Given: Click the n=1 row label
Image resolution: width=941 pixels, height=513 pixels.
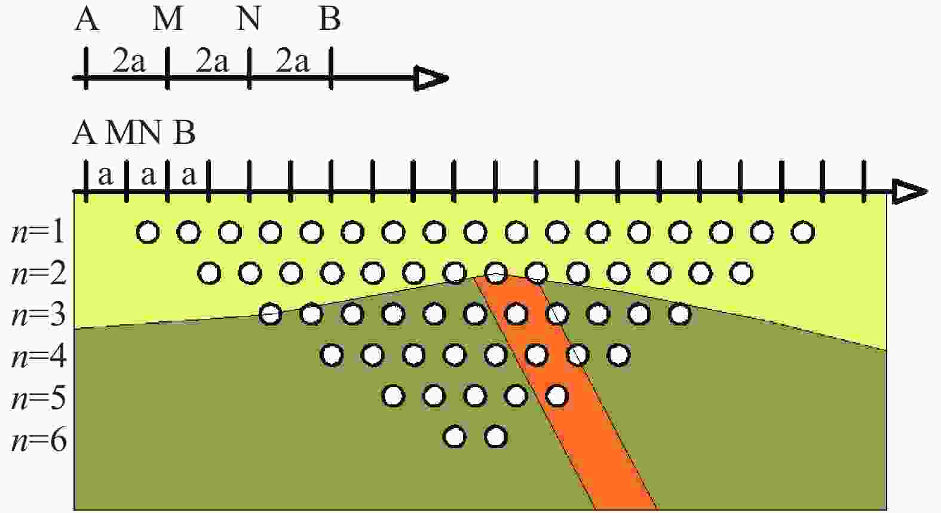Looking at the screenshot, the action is click(x=38, y=232).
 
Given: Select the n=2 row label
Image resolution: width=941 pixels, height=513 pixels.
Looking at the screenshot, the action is click(x=38, y=274).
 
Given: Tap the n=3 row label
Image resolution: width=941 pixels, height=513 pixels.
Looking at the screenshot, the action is click(x=38, y=315).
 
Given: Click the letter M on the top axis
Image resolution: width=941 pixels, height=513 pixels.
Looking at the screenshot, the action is click(x=168, y=19).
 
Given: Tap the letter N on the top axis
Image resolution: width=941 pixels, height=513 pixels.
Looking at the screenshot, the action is click(x=249, y=19).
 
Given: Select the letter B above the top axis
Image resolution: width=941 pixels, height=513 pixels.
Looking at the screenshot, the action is click(x=330, y=19).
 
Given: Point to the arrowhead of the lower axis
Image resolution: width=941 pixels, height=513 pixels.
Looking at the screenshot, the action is click(x=910, y=192).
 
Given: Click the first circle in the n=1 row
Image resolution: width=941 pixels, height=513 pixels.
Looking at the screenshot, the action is click(x=148, y=232).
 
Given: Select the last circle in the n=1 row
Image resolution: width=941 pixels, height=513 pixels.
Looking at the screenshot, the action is click(x=803, y=232).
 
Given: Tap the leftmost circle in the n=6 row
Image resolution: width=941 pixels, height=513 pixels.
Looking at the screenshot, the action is click(x=455, y=437).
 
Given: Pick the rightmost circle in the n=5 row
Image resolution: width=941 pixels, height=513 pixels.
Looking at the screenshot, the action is click(x=557, y=396).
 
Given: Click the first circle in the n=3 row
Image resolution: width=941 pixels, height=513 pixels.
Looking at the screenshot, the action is click(x=270, y=314).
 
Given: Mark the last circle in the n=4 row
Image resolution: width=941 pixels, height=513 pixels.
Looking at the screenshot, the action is click(x=618, y=355).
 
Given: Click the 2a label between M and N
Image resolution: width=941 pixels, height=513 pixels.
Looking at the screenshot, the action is click(x=212, y=62).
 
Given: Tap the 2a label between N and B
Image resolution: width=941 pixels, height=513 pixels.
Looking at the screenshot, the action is click(x=292, y=62).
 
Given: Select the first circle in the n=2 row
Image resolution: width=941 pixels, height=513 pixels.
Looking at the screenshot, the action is click(x=209, y=274).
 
